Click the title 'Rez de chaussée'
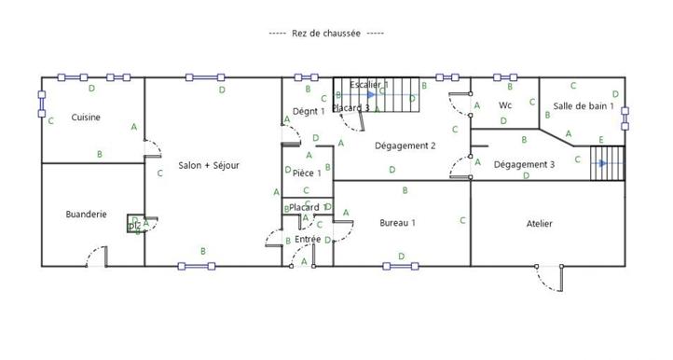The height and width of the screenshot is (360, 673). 326,34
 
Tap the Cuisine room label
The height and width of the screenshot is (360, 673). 85,118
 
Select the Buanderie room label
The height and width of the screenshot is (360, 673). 85,214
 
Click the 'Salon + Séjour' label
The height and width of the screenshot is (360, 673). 209,165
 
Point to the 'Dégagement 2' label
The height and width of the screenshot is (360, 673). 405,145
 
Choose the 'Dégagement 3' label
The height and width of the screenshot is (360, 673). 524,164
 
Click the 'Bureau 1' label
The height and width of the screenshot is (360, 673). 397,223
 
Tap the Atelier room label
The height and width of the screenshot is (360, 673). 539,224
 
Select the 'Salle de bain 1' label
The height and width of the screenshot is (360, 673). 583,106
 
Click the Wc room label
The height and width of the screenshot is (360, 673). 505,104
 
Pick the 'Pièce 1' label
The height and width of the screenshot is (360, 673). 307,173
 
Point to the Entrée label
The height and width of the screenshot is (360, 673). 307,240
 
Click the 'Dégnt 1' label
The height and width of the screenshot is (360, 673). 309,111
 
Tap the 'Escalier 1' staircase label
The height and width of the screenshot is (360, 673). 369,85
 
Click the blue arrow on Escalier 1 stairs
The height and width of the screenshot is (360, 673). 371,94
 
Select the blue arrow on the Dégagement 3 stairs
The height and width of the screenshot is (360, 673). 602,163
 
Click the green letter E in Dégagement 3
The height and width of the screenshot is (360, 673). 601,140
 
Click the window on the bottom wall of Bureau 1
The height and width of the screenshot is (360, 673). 400,266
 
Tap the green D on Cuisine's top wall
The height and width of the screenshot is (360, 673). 90,89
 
